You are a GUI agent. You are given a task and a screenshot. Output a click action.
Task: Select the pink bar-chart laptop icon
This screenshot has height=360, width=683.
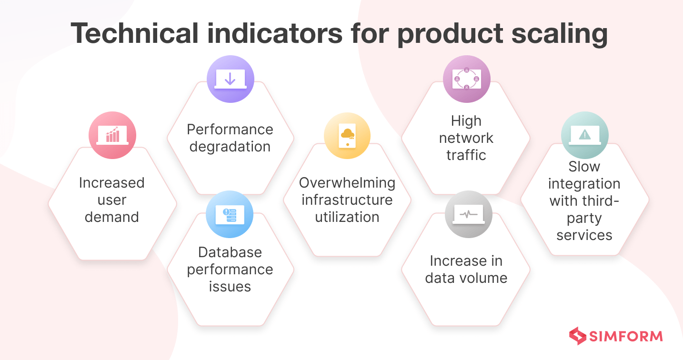tap(112, 135)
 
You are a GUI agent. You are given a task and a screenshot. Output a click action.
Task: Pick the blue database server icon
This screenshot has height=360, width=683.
tap(230, 215)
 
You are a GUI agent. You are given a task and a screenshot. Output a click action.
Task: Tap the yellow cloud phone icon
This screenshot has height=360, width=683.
tap(347, 135)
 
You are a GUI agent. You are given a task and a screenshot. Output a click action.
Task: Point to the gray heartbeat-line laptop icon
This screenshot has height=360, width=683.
tap(468, 215)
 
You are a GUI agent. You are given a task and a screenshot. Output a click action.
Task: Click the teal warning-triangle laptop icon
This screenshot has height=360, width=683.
tap(584, 135)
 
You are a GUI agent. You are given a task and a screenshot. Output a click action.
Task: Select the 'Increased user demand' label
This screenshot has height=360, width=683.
tap(111, 200)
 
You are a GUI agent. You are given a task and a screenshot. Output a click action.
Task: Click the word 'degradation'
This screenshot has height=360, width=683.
tap(230, 147)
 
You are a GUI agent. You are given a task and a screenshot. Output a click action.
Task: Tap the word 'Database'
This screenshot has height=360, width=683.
tap(230, 252)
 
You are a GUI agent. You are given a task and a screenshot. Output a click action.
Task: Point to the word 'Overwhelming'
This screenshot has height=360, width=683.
tap(347, 183)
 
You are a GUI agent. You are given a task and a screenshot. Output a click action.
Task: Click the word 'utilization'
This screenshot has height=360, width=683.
tap(347, 217)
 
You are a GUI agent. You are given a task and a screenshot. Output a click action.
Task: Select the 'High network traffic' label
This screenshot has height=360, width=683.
tap(466, 138)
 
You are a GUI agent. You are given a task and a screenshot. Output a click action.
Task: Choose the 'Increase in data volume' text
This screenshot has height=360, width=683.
tap(466, 270)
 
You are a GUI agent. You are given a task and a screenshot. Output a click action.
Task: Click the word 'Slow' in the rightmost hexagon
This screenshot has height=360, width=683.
tap(584, 167)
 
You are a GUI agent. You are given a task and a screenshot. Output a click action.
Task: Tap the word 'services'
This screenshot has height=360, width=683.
tap(584, 235)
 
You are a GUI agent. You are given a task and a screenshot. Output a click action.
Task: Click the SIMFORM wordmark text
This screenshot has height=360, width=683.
tap(625, 336)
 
